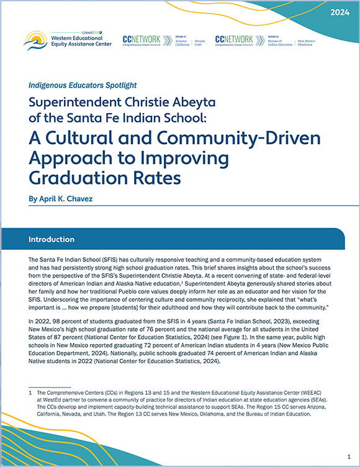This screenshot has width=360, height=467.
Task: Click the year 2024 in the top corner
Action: [x=339, y=12]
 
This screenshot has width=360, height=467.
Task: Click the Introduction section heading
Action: [x=52, y=239]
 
